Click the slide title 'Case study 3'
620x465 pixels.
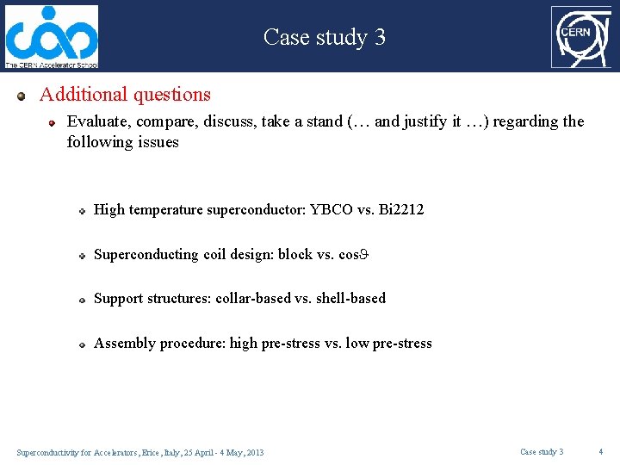pyautogui.click(x=324, y=37)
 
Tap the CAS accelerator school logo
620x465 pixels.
pyautogui.click(x=52, y=37)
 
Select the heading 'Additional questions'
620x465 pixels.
pyautogui.click(x=125, y=95)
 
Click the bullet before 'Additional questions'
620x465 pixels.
pyautogui.click(x=22, y=96)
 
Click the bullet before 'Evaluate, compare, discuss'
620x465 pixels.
pyautogui.click(x=52, y=123)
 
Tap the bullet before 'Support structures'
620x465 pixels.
pyautogui.click(x=79, y=300)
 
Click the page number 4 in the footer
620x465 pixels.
pyautogui.click(x=602, y=452)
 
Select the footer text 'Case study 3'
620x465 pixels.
pyautogui.click(x=542, y=452)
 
